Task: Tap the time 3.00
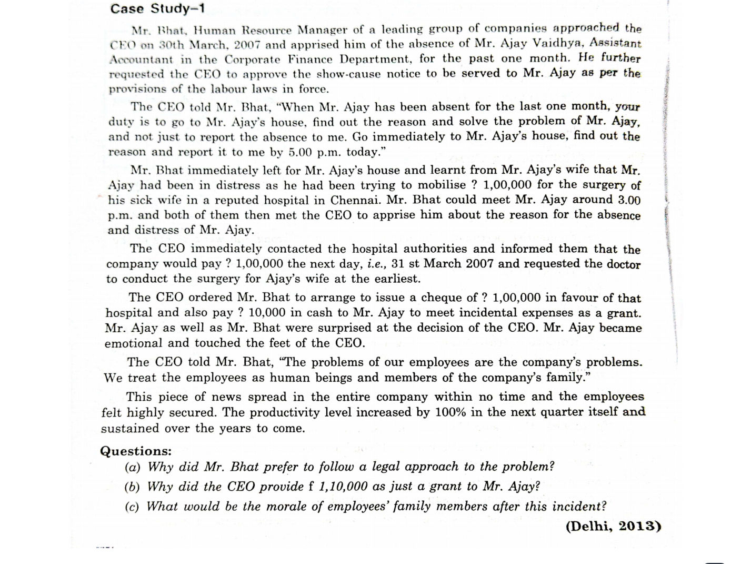[x=629, y=200]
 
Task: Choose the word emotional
[x=134, y=343]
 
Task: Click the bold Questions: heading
[x=136, y=451]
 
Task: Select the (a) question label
[x=133, y=467]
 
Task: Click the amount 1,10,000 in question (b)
[x=344, y=487]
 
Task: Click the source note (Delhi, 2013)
[x=613, y=526]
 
